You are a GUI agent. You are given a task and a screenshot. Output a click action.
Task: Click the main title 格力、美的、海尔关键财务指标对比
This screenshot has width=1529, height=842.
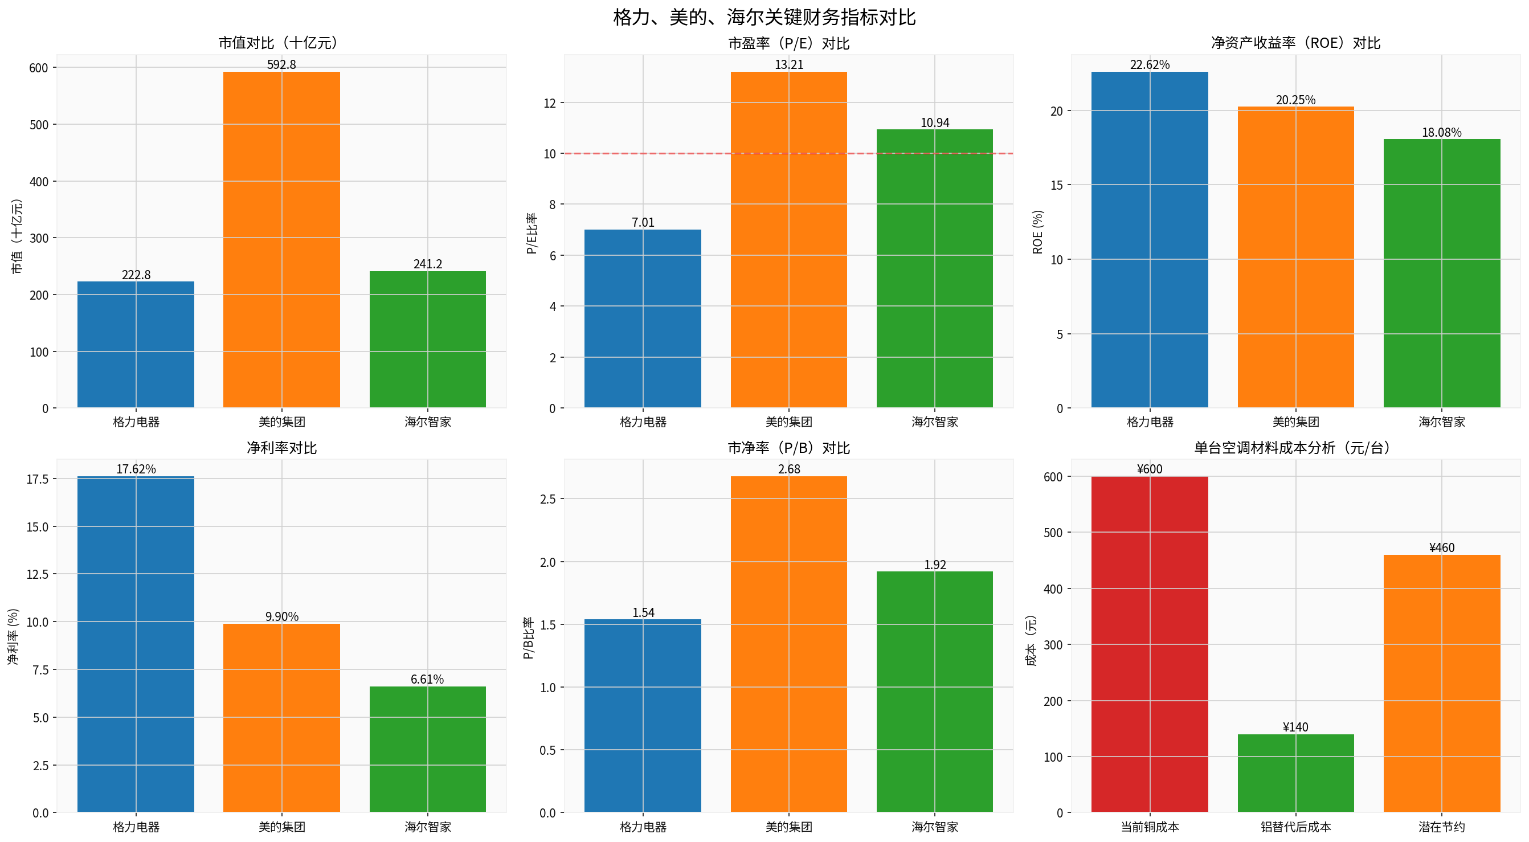[764, 17]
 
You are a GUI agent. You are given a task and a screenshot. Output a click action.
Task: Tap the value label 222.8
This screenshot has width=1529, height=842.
[136, 275]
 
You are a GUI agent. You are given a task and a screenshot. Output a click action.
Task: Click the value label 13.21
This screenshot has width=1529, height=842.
[788, 64]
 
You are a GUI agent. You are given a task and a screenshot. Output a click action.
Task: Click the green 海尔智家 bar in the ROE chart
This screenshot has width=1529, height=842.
[1441, 273]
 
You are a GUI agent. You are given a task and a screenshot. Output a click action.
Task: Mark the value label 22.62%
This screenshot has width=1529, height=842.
[1149, 64]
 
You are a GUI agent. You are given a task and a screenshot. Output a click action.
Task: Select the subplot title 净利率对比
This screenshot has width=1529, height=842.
[281, 447]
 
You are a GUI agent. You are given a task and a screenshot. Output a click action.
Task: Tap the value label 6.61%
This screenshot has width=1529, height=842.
[427, 679]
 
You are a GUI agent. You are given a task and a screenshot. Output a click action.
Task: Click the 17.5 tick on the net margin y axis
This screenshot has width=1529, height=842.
[37, 479]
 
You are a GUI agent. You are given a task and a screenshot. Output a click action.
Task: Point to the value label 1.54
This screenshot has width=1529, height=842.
[643, 612]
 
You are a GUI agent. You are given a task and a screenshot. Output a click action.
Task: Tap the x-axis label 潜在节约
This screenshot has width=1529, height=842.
[1441, 827]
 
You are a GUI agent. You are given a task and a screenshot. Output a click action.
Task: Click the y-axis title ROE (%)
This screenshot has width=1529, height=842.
[1037, 231]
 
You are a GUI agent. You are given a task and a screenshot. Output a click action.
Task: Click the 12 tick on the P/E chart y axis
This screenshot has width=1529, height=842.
[550, 103]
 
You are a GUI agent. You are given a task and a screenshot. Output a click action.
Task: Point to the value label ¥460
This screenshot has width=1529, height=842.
[1441, 547]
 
